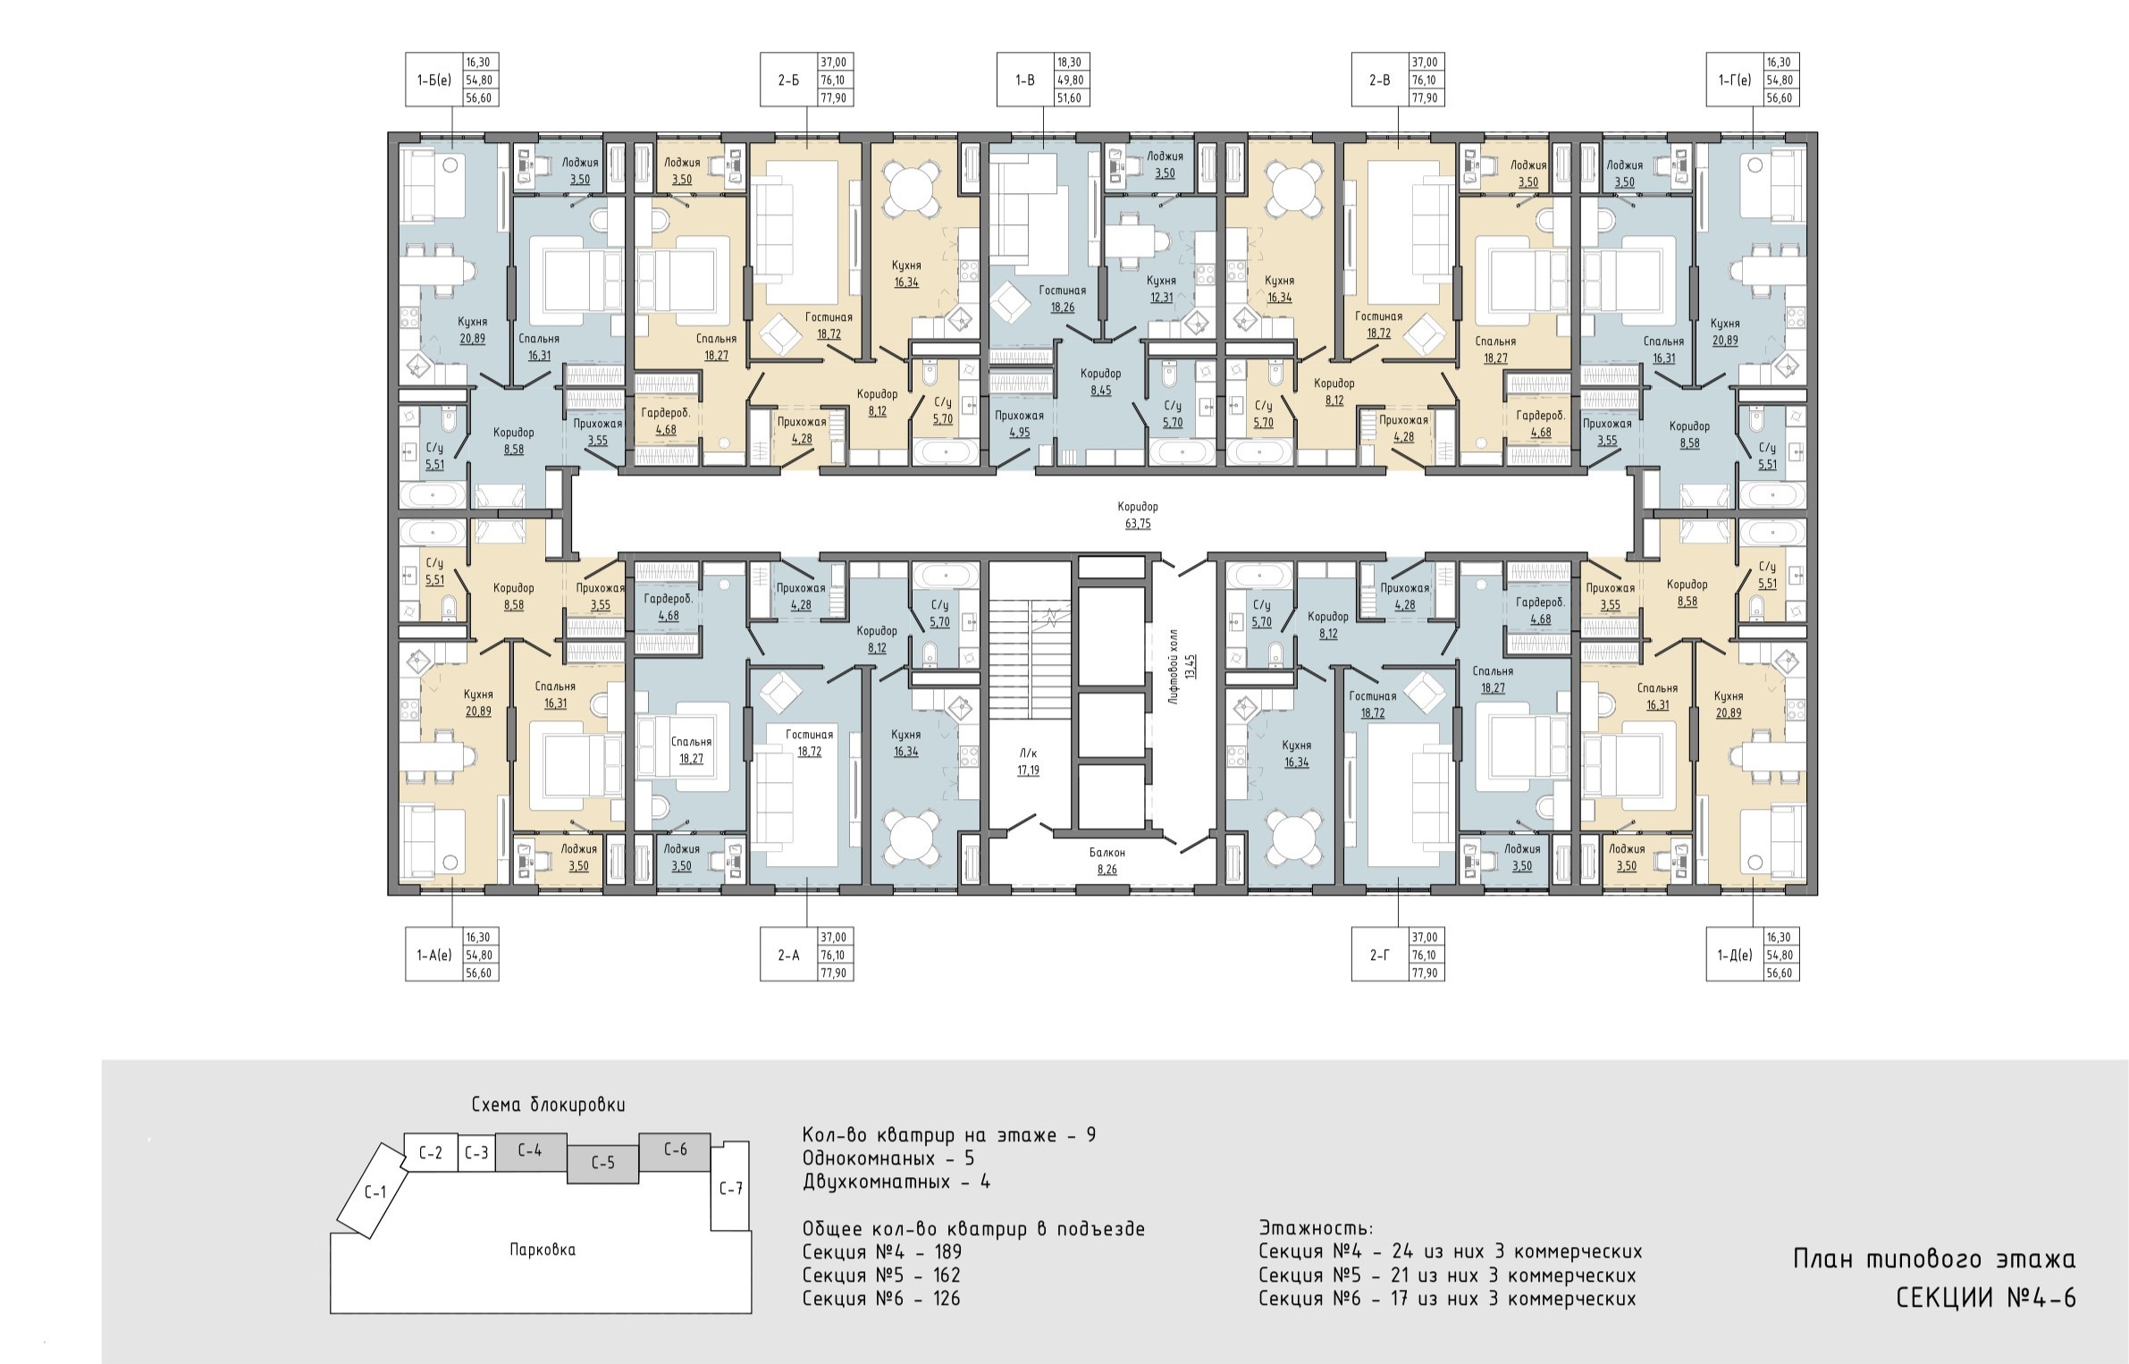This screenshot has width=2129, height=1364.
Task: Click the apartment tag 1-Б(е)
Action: tap(433, 80)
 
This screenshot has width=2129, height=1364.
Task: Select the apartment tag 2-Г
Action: tap(1380, 955)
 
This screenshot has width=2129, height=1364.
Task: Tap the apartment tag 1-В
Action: tap(1025, 80)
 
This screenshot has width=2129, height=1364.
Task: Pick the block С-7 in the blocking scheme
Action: tap(730, 1188)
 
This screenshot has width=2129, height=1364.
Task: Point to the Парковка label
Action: tap(543, 1250)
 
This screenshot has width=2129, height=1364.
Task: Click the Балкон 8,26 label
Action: tap(1107, 861)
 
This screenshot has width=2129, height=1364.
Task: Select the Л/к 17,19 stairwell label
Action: tap(1028, 762)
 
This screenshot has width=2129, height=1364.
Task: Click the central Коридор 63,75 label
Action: tap(1138, 515)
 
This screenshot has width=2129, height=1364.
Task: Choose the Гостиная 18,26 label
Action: tap(1063, 299)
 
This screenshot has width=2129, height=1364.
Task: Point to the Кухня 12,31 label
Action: tap(1161, 289)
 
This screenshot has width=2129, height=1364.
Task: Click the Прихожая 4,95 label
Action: tap(1019, 424)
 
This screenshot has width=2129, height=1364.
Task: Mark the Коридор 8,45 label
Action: tap(1100, 382)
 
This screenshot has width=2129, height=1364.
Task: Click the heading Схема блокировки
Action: tap(549, 1105)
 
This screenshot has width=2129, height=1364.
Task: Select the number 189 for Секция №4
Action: tap(947, 1252)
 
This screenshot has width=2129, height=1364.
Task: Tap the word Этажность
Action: tap(1316, 1228)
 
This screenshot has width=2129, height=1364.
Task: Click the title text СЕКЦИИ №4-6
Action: tap(1986, 1298)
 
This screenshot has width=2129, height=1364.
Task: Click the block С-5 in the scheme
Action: tap(603, 1164)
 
